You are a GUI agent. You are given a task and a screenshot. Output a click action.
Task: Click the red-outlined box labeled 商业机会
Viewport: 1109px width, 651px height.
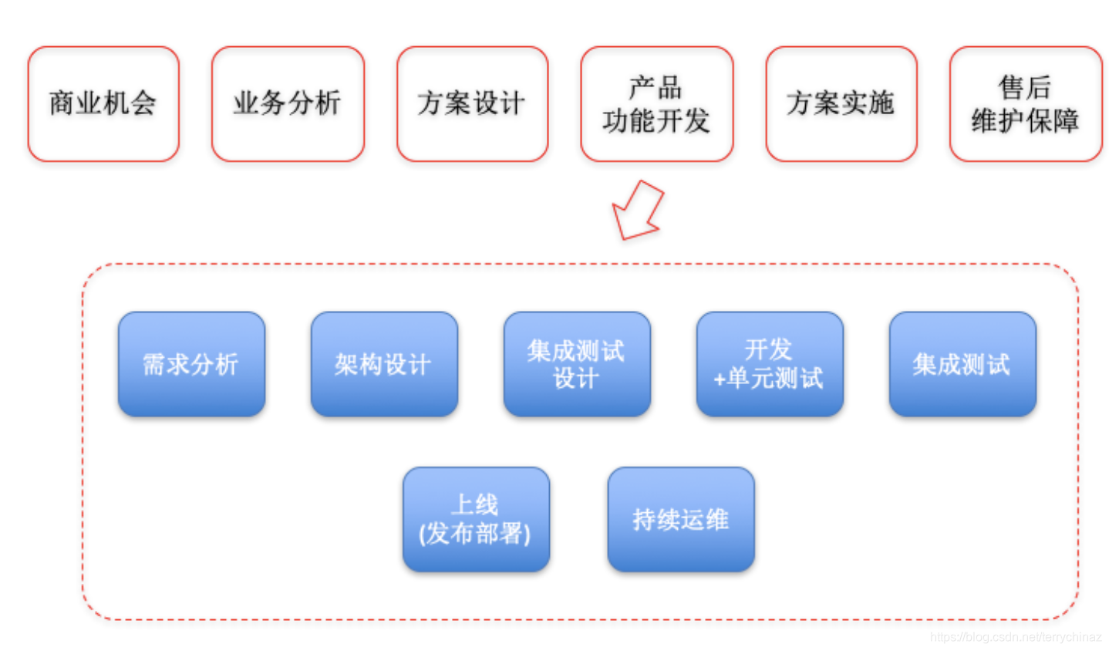click(103, 104)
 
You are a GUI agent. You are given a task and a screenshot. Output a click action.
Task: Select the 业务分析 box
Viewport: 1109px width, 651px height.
click(288, 104)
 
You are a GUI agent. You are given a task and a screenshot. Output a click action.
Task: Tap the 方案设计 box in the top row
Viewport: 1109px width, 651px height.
click(472, 104)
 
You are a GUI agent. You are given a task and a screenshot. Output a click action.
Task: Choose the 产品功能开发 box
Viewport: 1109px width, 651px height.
click(656, 104)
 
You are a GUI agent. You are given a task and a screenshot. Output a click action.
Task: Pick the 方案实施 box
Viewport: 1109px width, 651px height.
click(841, 104)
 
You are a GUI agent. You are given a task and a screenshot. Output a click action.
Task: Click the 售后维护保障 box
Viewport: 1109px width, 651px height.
click(1025, 104)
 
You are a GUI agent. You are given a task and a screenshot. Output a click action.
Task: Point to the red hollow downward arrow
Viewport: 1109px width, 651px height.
click(638, 211)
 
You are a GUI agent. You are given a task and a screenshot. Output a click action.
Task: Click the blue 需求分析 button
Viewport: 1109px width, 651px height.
click(191, 364)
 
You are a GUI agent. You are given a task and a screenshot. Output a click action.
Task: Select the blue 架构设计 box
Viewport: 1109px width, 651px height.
click(384, 364)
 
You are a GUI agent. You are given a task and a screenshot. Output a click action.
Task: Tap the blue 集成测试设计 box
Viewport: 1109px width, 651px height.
click(577, 364)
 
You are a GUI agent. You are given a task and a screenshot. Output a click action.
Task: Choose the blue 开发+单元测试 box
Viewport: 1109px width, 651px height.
click(770, 364)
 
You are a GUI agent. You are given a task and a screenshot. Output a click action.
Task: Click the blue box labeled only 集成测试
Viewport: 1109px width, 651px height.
click(962, 364)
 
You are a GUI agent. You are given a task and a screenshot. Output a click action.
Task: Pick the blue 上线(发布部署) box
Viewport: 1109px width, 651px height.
click(476, 519)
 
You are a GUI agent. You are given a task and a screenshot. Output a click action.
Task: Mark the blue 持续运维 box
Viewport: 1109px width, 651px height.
click(680, 519)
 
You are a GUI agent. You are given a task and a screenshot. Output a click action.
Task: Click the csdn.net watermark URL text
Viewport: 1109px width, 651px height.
click(1015, 637)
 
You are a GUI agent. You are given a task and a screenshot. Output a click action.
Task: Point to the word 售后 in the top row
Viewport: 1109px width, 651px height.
click(1025, 88)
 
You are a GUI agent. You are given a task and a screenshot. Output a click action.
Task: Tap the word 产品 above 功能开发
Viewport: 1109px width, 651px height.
click(656, 88)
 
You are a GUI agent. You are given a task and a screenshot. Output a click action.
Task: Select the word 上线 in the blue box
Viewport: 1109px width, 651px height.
click(475, 505)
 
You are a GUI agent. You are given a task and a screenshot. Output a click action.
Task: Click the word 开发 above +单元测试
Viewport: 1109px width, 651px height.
click(768, 349)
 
